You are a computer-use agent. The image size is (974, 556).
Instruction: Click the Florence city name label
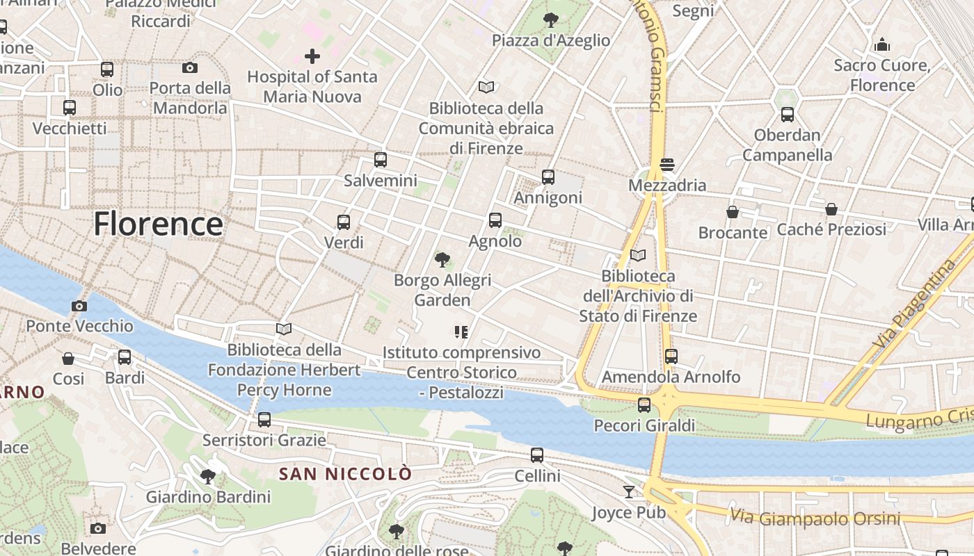tap(158, 224)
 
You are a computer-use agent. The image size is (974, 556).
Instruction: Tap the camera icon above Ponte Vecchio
tap(79, 306)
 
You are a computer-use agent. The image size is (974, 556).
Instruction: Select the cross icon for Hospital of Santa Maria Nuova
tap(312, 56)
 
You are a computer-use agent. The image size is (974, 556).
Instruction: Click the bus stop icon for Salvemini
tap(380, 160)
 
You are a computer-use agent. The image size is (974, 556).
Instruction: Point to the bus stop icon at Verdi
tap(344, 222)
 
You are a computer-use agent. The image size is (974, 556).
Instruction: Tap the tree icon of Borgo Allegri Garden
tap(442, 260)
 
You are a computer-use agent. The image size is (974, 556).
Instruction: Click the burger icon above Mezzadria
tap(667, 165)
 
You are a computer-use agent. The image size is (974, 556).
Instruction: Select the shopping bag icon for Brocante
tap(732, 212)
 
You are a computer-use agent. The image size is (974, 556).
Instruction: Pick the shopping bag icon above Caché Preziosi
tap(831, 209)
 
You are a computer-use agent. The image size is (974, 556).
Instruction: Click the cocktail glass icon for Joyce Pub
tap(629, 492)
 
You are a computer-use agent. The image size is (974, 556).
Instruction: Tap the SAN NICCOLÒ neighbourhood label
tap(345, 474)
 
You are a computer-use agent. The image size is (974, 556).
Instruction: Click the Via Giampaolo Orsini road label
tap(815, 518)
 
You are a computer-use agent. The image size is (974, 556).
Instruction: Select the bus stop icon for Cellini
tap(537, 455)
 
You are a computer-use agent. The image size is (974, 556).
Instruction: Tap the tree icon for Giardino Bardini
tap(207, 476)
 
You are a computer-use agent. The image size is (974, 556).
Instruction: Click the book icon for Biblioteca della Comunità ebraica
tap(486, 88)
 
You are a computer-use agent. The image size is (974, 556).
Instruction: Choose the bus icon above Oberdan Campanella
tap(787, 115)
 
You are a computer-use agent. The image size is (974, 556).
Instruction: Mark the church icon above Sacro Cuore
tap(882, 45)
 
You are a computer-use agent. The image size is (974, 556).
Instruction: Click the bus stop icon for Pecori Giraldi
tap(644, 404)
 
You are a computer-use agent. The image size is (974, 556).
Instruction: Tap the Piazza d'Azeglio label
tap(550, 40)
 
